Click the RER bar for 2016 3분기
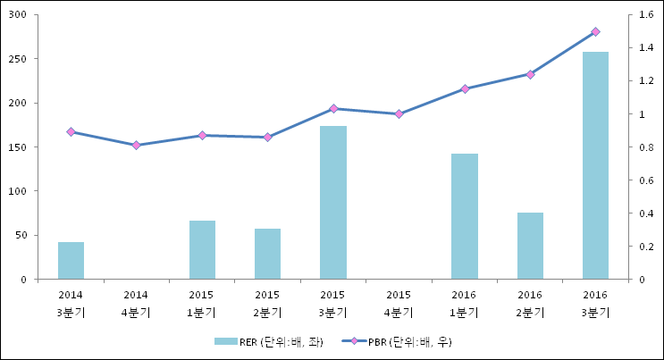click(595, 165)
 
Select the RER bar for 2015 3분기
click(333, 203)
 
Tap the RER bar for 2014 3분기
click(71, 261)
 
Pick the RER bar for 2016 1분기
click(465, 216)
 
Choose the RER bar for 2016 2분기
click(530, 246)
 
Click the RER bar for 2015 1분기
click(203, 250)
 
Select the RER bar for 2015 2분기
click(267, 254)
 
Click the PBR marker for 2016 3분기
click(595, 32)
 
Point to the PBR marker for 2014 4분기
click(137, 146)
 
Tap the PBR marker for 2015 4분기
click(399, 114)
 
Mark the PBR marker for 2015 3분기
click(333, 109)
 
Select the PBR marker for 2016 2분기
click(530, 74)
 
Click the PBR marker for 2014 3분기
click(71, 131)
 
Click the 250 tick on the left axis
click(17, 59)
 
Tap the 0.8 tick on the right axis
click(646, 147)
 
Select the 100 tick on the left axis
click(17, 191)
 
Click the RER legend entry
click(269, 342)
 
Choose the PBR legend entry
click(397, 342)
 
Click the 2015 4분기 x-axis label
click(399, 304)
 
